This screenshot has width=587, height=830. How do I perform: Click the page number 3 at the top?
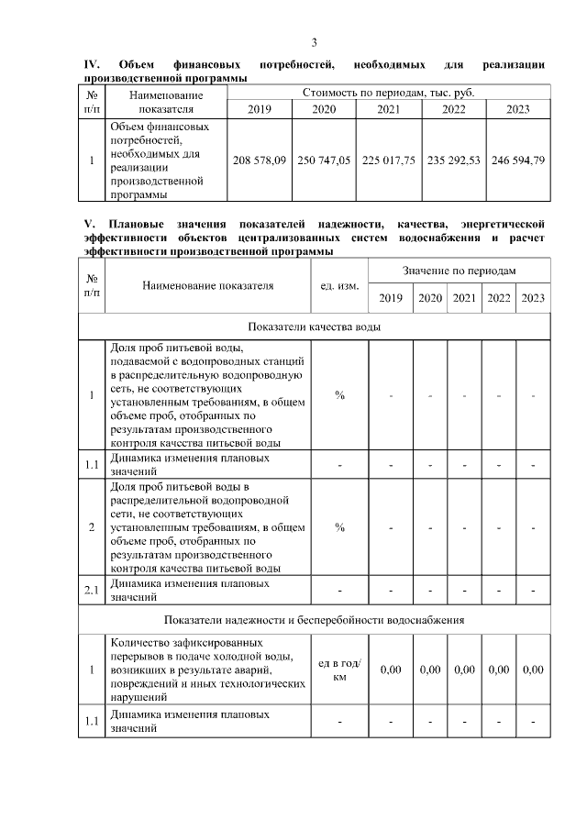314,43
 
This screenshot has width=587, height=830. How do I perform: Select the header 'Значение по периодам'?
459,271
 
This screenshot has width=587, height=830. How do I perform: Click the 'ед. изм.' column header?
338,285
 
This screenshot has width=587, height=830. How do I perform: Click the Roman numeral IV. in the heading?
91,64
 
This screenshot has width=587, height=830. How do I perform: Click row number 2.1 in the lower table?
92,590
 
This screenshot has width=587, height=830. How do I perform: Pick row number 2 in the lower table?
92,527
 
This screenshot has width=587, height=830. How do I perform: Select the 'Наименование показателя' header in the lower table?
208,285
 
